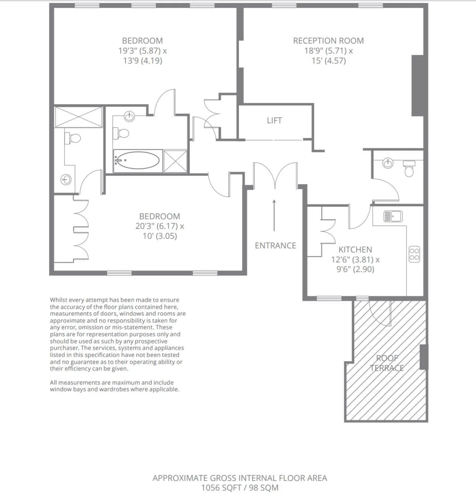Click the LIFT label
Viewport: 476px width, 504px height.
coord(275,120)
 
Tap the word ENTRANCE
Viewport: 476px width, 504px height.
coord(275,245)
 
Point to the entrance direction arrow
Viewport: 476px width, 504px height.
coord(274,215)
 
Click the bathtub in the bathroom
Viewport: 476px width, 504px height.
coord(137,160)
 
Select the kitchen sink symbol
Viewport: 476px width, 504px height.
coord(393,216)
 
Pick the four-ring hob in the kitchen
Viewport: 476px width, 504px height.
coord(414,254)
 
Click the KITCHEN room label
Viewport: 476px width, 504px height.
coord(355,249)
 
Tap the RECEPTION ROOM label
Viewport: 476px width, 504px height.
coord(328,41)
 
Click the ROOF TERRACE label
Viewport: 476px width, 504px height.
coord(387,363)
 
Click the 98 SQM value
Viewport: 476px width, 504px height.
coord(263,487)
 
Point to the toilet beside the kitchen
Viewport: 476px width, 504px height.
coord(409,169)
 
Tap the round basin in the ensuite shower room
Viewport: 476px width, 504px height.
coord(66,180)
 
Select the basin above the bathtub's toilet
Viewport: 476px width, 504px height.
coord(130,116)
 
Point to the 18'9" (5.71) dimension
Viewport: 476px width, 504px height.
coord(325,51)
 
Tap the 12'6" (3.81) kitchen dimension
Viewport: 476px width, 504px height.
coord(352,260)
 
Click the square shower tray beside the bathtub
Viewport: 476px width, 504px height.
coord(175,161)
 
